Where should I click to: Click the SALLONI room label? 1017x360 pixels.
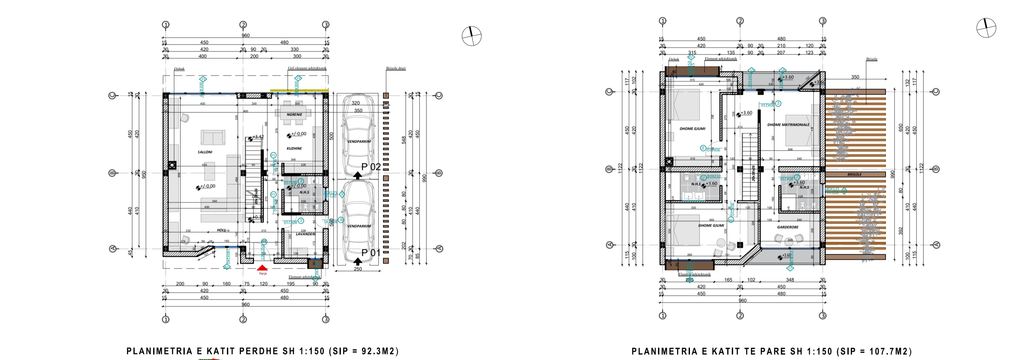pos(205,152)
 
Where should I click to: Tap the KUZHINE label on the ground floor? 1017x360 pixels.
pos(294,149)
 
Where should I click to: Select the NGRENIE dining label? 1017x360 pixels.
pos(294,115)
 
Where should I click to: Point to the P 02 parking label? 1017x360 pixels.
pos(371,167)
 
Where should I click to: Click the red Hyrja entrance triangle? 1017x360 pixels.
pos(262,268)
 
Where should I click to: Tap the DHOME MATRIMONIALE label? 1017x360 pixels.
pos(788,125)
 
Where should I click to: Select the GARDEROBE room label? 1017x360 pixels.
pos(788,227)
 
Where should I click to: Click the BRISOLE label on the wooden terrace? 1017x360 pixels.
pos(854,175)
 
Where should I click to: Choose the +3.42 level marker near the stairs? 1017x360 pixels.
pos(258,137)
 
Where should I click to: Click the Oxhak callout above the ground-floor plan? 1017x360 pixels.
pos(179,69)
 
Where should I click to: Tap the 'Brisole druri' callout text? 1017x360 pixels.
pos(396,68)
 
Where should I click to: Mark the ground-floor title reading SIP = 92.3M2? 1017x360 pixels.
pos(262,351)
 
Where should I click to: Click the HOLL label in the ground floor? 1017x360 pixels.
pos(221,230)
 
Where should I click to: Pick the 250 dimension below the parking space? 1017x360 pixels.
pos(357,269)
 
